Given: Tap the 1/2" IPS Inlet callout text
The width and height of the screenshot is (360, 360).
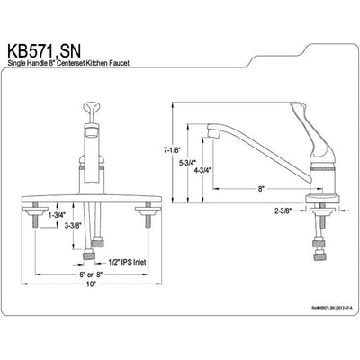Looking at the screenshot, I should click(x=127, y=262).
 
